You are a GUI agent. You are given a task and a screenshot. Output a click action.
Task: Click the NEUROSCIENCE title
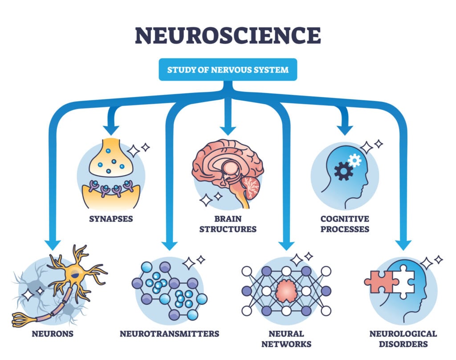click(228, 35)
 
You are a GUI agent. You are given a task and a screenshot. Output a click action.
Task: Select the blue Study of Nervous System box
click(228, 69)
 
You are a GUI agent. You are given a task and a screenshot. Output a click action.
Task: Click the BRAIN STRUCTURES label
click(228, 224)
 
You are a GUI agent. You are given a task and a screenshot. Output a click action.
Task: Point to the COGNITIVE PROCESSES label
click(345, 224)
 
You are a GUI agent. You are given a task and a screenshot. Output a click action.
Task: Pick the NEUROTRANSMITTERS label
click(169, 333)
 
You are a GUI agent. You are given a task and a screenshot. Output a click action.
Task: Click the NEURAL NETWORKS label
click(286, 338)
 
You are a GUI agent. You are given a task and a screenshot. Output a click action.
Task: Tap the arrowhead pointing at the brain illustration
click(228, 129)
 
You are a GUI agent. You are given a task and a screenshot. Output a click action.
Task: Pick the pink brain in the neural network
click(286, 291)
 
